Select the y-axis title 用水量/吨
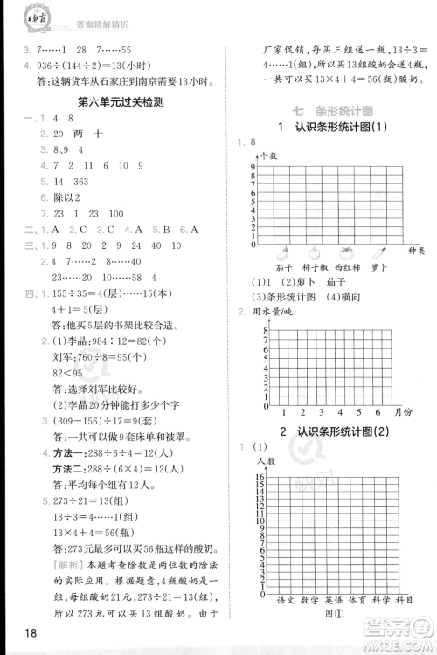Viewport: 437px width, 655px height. pos(272,312)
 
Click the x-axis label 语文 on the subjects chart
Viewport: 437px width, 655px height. pos(286,600)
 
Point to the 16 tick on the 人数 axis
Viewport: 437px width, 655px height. pos(261,477)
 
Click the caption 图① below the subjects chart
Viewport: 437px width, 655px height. pos(334,613)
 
